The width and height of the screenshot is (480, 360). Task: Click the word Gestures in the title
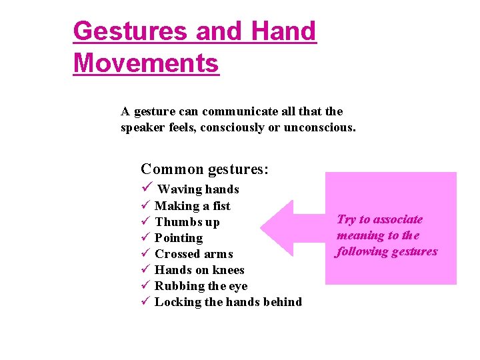click(x=131, y=31)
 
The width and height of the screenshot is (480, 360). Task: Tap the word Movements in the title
click(x=146, y=63)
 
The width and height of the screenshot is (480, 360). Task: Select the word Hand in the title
click(x=284, y=31)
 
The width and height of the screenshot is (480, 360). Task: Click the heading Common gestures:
click(x=205, y=169)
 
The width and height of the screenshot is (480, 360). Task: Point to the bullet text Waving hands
click(x=198, y=189)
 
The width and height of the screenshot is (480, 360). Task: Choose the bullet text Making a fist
click(x=192, y=206)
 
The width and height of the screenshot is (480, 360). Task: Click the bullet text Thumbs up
click(x=187, y=222)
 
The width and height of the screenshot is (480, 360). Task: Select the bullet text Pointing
click(x=179, y=238)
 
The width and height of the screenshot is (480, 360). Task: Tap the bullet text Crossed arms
click(x=193, y=254)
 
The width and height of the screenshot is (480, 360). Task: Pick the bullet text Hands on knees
click(x=199, y=270)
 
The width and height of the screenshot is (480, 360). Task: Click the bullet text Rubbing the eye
click(x=201, y=286)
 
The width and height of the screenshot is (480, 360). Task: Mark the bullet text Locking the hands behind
click(x=228, y=302)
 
